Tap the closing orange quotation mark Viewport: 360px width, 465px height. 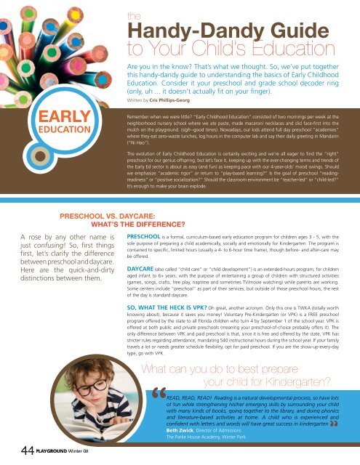(x=348, y=424)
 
